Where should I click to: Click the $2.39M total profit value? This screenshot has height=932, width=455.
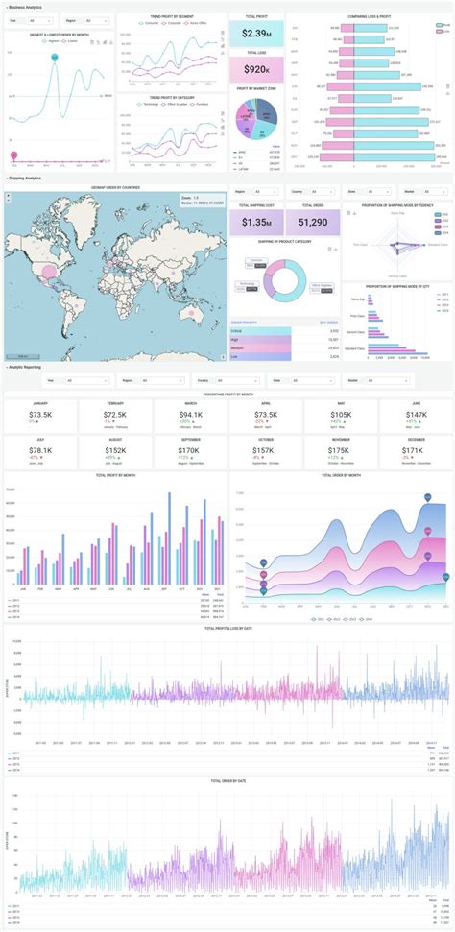(256, 35)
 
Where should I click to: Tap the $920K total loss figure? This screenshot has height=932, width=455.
(256, 69)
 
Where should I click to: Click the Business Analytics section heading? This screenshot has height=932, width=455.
(26, 7)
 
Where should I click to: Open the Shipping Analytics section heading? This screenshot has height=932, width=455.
(26, 179)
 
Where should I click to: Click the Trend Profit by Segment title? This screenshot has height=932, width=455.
(173, 16)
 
